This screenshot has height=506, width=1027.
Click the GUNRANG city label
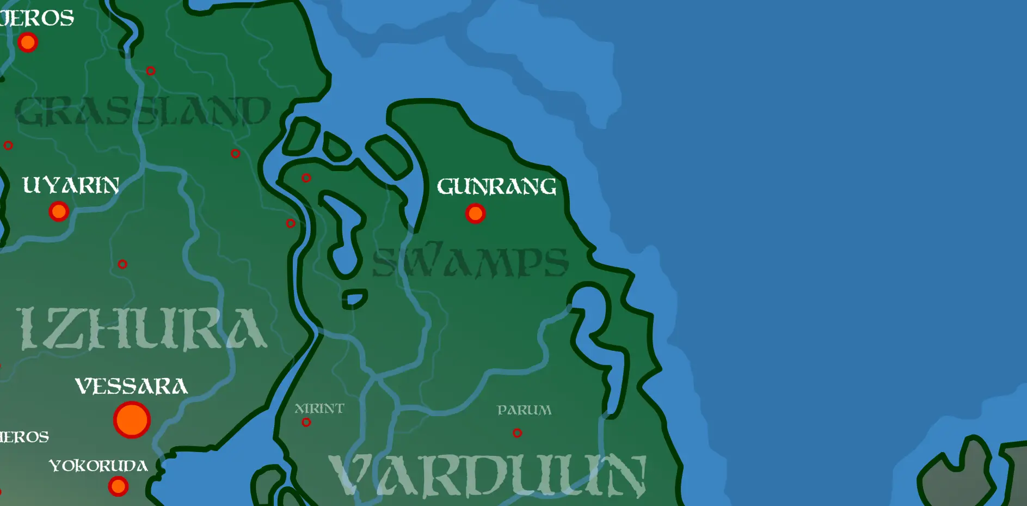[496, 187]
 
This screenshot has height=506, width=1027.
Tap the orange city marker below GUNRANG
[475, 214]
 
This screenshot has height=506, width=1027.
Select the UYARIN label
[71, 186]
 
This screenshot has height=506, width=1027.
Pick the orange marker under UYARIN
[59, 211]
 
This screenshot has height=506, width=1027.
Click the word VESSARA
[131, 386]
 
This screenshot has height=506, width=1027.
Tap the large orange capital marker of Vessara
[132, 420]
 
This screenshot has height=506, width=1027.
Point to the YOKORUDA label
[99, 466]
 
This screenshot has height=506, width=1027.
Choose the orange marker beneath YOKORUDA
[118, 486]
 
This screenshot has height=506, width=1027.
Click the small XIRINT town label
[319, 409]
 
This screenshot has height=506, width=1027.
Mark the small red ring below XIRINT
[306, 423]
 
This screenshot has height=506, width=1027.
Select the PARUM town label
[524, 410]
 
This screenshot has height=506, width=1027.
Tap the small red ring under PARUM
[517, 433]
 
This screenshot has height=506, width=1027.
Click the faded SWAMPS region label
[470, 262]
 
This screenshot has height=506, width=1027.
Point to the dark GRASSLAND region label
[143, 111]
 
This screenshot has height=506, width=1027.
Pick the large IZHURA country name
[143, 328]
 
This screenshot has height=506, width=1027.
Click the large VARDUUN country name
[487, 475]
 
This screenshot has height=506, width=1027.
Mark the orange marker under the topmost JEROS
[27, 42]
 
